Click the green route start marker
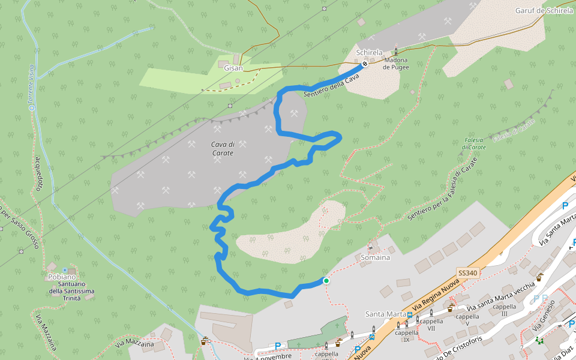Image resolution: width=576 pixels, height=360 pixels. pos(326,280)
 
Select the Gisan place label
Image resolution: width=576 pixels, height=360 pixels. pos(233,68)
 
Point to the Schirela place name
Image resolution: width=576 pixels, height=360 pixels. pos(369,53)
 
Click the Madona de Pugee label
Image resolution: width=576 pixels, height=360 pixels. pos(396,63)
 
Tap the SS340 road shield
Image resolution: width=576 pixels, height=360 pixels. pos(467,273)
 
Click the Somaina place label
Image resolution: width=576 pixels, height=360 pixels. pos(376,257)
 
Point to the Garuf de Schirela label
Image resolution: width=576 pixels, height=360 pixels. pos(544,11)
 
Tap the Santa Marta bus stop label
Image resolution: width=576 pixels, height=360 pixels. pos(386,314)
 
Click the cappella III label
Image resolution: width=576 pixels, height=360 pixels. pos(500,310)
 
